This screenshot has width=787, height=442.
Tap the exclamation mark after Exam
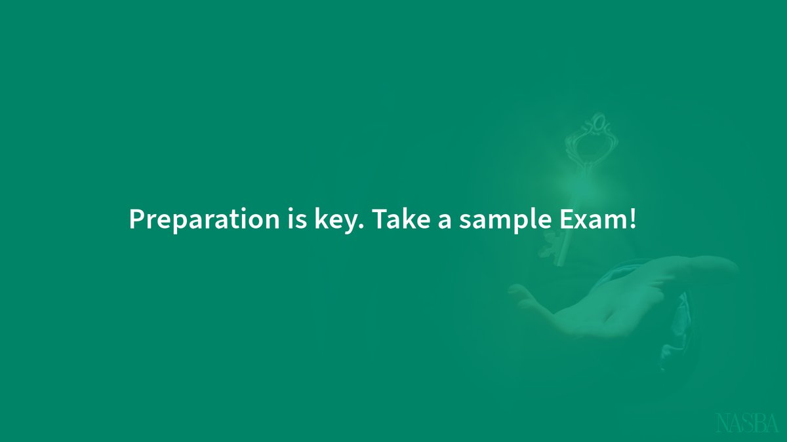(632, 219)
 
